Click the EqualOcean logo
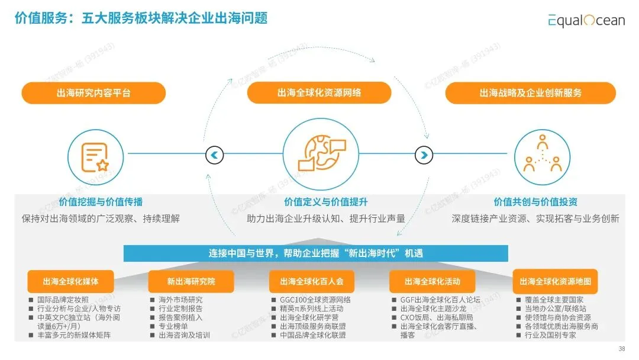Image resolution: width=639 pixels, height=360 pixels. (x=586, y=20)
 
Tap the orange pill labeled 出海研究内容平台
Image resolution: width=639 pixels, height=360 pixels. (x=93, y=93)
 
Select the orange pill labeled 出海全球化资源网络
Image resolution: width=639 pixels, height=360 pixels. (x=319, y=93)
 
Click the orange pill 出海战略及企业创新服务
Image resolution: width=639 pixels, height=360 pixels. (x=530, y=93)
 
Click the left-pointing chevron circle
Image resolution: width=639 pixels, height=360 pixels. (x=214, y=155)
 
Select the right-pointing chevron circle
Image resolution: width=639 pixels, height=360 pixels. (x=424, y=155)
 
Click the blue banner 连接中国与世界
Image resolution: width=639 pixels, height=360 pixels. (x=315, y=253)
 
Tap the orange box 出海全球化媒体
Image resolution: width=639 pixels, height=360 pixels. (x=70, y=281)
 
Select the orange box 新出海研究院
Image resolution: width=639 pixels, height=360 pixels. (x=191, y=281)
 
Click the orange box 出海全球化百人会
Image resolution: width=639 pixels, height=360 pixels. (x=312, y=281)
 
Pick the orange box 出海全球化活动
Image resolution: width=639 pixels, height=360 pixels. (x=432, y=281)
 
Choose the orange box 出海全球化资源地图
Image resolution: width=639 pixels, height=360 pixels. (x=555, y=281)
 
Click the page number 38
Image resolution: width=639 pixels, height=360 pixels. (x=621, y=348)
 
